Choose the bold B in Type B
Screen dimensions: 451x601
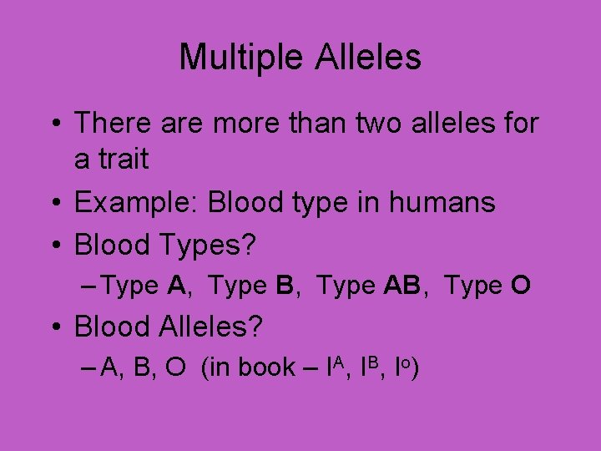click(x=285, y=286)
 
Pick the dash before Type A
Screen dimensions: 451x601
click(x=93, y=286)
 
